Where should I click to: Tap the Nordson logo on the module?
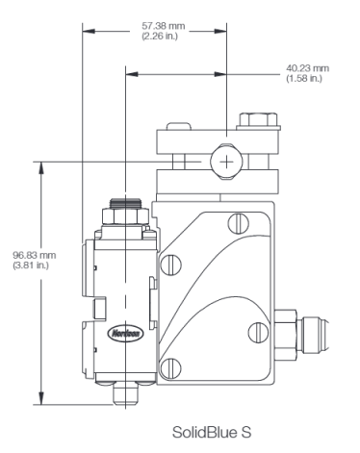coord(123,327)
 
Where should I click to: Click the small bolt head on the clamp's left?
coord(178,130)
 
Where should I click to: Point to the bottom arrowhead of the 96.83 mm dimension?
coord(42,401)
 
